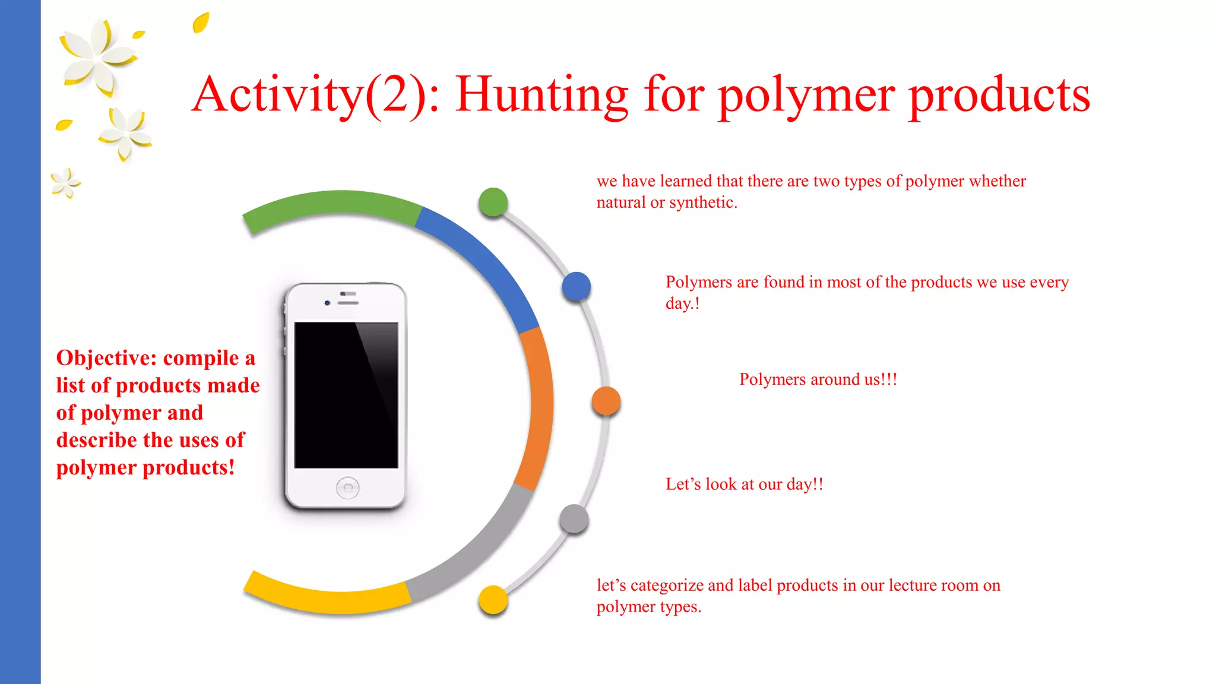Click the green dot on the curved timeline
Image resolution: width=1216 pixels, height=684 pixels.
(493, 202)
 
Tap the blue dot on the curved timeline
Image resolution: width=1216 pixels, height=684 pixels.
(576, 286)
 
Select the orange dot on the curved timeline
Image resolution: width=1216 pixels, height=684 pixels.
(606, 401)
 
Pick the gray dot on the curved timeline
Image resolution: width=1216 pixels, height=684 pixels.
(574, 519)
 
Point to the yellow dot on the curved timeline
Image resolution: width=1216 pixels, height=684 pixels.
(493, 600)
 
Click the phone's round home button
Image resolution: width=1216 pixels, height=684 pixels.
(347, 488)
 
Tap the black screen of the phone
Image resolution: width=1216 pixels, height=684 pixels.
(346, 395)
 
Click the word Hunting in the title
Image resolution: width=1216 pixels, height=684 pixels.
(542, 95)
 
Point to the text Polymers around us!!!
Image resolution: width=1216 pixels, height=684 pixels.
(818, 379)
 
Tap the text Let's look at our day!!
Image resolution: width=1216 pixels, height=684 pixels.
(744, 484)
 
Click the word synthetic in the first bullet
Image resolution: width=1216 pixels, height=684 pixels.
(702, 202)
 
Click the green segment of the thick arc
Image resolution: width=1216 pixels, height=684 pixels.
(332, 205)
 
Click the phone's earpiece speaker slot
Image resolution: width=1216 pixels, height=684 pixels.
(348, 303)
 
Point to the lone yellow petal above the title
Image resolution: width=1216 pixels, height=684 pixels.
(201, 23)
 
